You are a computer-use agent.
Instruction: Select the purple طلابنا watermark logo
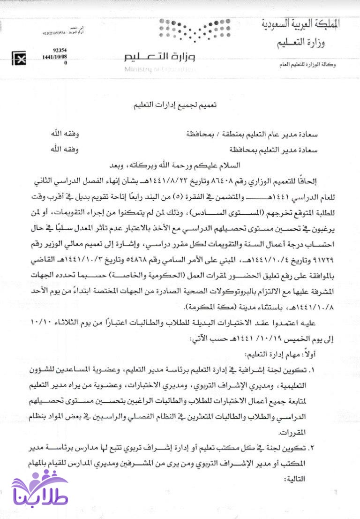pos(40,492)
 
